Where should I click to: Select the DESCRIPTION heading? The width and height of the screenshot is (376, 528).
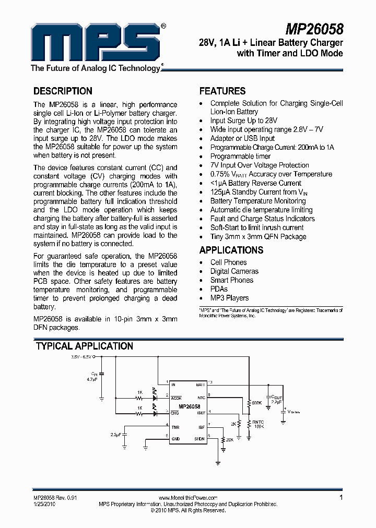(x=63, y=91)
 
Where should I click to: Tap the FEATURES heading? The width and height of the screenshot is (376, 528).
(x=222, y=91)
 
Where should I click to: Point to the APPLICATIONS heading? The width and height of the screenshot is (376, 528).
(x=231, y=250)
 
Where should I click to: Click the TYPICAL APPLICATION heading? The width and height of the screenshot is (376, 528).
(x=84, y=346)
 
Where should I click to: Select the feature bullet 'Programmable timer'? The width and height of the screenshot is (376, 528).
(x=240, y=156)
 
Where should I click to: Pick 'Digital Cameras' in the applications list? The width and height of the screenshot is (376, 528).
(x=234, y=271)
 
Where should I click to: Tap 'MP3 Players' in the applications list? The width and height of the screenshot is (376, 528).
(x=229, y=298)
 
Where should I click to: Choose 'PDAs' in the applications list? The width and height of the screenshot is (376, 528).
(x=219, y=289)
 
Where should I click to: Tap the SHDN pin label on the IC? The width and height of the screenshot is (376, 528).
(x=199, y=439)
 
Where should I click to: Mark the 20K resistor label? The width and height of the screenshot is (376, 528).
(x=230, y=440)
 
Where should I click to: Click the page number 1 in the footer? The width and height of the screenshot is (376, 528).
(x=341, y=498)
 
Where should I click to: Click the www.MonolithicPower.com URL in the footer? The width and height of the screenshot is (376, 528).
(x=187, y=498)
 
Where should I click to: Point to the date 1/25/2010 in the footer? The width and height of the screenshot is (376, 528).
(x=45, y=505)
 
